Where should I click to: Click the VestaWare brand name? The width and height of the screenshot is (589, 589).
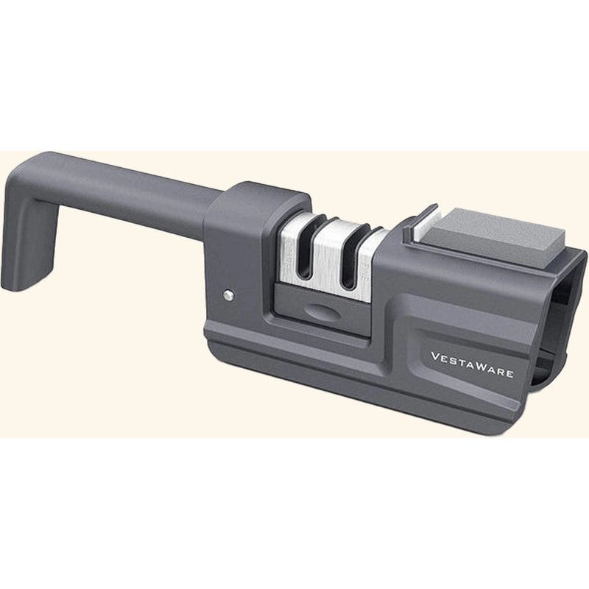click(472, 364)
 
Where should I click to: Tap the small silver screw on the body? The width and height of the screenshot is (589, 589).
click(228, 295)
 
